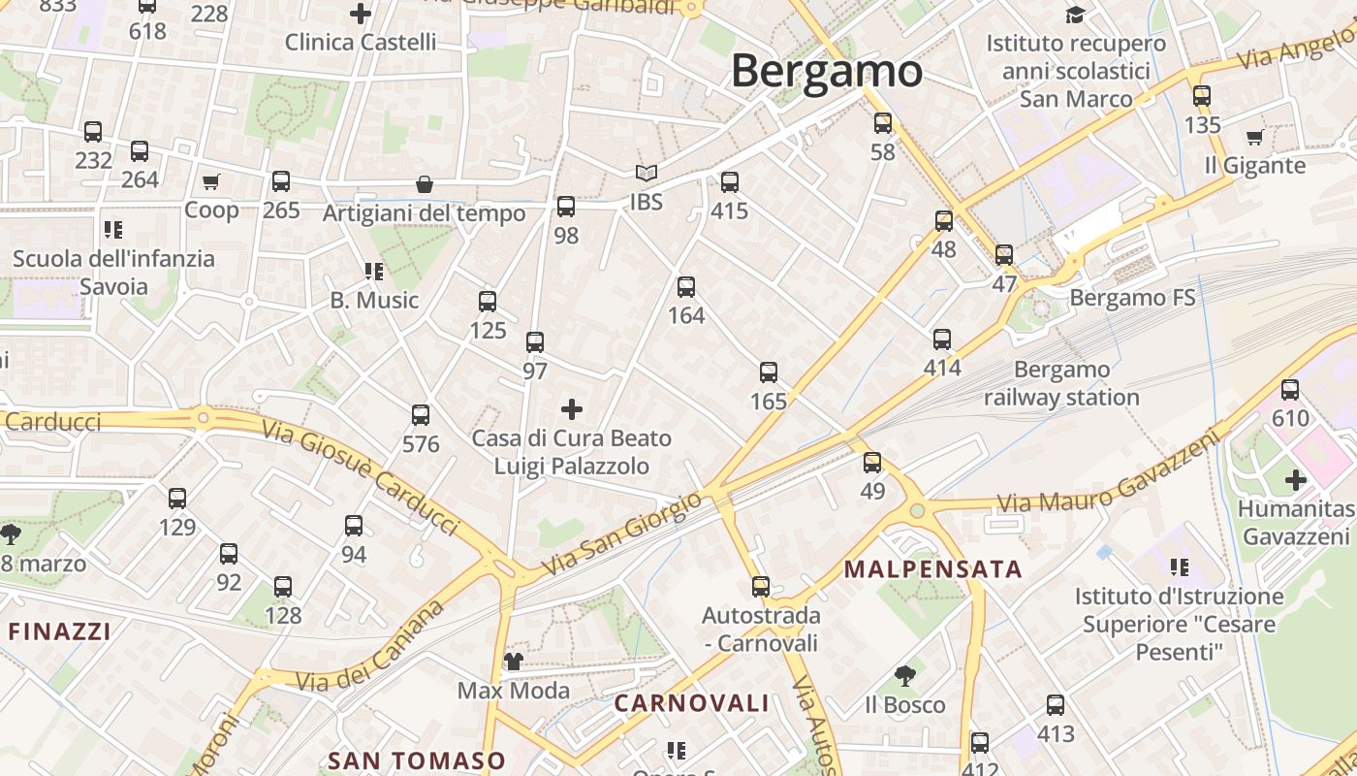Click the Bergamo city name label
[x=826, y=72]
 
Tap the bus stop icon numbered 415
[x=730, y=182]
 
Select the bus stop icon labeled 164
[x=686, y=287]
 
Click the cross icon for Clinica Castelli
[x=361, y=14]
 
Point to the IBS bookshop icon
[x=647, y=174]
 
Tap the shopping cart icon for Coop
[x=211, y=181]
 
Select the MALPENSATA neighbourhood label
[x=932, y=569]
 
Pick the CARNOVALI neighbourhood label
[x=692, y=703]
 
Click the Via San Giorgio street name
[x=621, y=534]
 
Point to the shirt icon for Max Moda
[x=514, y=662]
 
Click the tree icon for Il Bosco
[x=905, y=675]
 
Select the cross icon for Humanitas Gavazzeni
[x=1296, y=480]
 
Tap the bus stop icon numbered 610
[x=1290, y=390]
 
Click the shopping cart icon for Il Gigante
[x=1255, y=137]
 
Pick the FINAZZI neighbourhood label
[x=59, y=631]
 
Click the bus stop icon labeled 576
[x=421, y=415]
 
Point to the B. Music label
[x=374, y=301]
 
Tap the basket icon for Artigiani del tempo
[x=424, y=184]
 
